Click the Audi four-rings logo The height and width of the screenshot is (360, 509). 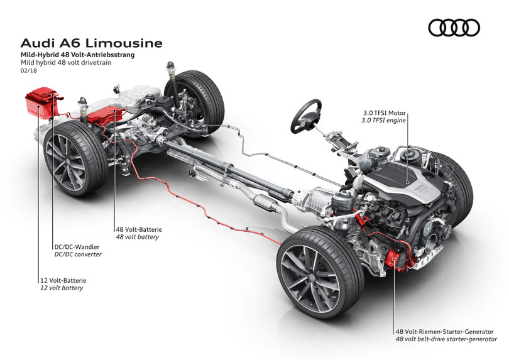point(454,27)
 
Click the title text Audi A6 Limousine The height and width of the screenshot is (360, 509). point(91,43)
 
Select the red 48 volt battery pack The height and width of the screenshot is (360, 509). point(105,115)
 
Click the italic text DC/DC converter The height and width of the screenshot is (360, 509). point(77,255)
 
